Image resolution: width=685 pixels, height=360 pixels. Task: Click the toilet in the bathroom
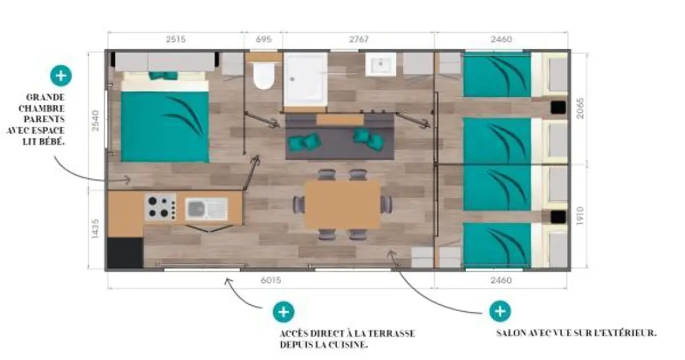click(x=263, y=75)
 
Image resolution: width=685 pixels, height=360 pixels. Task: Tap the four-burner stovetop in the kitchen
click(x=160, y=207)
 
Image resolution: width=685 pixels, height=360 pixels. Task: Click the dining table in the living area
click(x=342, y=205)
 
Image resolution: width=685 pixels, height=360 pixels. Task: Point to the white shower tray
click(x=305, y=79)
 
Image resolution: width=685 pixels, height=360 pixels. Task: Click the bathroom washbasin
click(x=380, y=65)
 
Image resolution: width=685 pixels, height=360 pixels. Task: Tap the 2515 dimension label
click(x=176, y=39)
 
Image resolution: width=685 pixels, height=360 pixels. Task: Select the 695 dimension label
click(x=263, y=39)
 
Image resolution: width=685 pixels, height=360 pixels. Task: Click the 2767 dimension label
click(x=359, y=39)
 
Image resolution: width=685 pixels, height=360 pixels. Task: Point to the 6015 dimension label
click(x=271, y=280)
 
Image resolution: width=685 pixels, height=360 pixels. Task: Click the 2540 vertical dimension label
click(x=95, y=121)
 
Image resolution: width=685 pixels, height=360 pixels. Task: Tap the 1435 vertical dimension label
click(x=95, y=229)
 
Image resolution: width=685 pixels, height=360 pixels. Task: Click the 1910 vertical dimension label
click(x=580, y=216)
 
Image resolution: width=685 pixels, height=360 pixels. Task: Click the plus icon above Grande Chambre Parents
click(x=61, y=75)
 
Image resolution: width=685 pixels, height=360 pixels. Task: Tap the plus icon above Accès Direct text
click(x=283, y=312)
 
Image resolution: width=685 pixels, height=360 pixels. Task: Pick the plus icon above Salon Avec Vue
click(x=500, y=311)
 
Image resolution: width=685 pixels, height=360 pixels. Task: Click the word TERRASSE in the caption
click(x=391, y=334)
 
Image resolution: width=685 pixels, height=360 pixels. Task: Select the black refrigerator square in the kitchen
click(x=125, y=253)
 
